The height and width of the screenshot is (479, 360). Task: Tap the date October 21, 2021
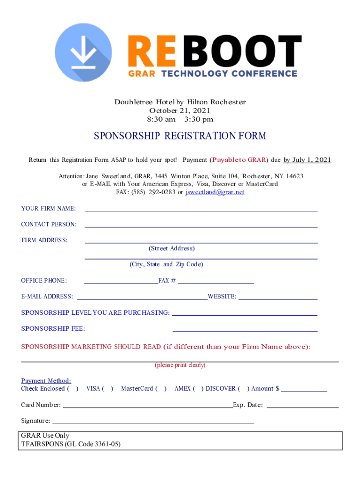click(180, 110)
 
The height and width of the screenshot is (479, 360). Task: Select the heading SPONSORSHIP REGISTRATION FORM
click(180, 136)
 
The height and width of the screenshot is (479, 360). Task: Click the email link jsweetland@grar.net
click(215, 192)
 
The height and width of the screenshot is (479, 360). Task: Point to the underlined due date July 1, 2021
click(308, 160)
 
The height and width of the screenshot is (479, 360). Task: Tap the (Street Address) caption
click(171, 248)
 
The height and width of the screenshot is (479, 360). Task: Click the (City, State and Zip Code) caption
click(166, 264)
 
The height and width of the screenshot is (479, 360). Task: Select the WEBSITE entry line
click(278, 297)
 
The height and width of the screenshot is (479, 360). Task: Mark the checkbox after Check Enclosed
click(73, 389)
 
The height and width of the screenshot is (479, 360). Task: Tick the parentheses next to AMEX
click(198, 389)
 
